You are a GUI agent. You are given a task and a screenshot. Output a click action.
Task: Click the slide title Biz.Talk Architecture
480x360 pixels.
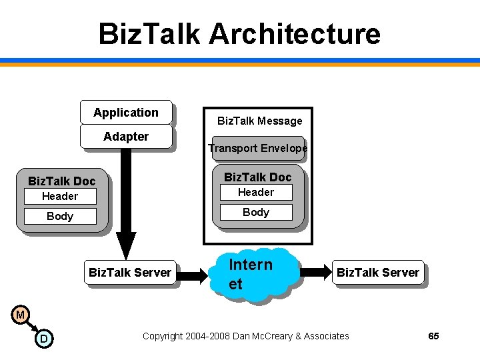coord(239,33)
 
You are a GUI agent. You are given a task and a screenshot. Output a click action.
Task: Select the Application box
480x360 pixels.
coord(126,113)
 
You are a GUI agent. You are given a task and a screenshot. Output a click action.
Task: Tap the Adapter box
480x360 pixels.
coord(126,137)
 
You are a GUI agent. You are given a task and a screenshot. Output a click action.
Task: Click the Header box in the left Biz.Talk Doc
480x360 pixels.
coord(60,196)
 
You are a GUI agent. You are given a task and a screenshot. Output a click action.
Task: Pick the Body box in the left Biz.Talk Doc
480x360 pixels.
coord(60,216)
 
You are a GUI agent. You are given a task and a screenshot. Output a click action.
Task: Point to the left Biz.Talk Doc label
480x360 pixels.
coord(61,181)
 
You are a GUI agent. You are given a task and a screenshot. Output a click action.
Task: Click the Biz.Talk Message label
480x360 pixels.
coord(259,121)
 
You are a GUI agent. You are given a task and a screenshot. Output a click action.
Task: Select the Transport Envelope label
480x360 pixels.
coord(257,148)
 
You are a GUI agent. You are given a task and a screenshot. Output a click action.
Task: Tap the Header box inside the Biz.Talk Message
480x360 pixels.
coord(256,192)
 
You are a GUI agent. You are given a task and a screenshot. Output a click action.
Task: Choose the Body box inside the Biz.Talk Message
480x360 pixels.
coord(256,212)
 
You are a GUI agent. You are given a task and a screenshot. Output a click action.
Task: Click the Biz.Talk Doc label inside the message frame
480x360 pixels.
coord(257,177)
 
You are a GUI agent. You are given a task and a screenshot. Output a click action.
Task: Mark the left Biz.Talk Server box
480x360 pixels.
coord(130,272)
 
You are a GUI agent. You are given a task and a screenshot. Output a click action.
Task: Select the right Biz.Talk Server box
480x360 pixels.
coord(378,272)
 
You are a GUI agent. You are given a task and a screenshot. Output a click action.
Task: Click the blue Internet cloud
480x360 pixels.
coord(257,274)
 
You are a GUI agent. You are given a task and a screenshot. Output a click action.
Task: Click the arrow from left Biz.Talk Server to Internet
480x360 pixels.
coord(195,273)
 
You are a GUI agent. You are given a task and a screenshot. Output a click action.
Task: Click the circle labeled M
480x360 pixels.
coord(21,314)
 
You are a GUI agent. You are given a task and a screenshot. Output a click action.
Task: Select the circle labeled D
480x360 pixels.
coord(43,339)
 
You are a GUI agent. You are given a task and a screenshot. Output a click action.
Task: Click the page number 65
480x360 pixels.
coord(433,336)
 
